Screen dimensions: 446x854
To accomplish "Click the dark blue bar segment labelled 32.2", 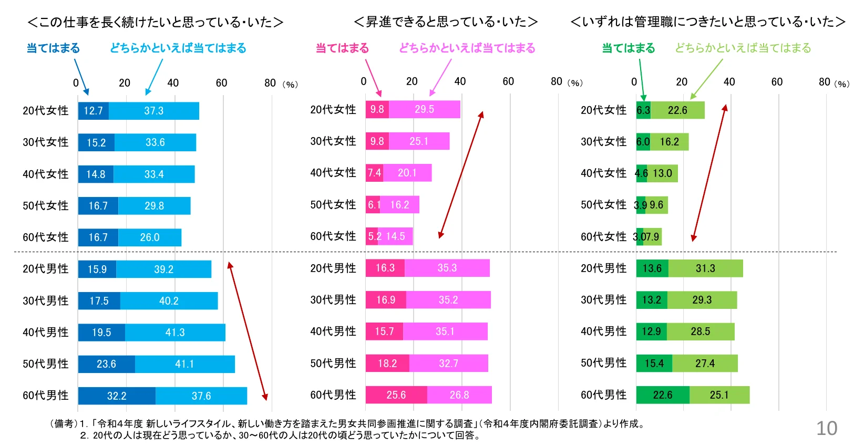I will click(x=117, y=396).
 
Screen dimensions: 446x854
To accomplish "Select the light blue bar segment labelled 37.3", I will click(x=154, y=111).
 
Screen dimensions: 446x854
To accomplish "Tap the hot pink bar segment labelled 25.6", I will click(x=396, y=395).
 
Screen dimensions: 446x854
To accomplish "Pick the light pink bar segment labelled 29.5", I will click(x=425, y=109).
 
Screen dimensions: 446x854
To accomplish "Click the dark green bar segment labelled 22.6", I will click(x=662, y=395).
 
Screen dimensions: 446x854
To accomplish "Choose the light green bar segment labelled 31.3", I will click(x=705, y=268).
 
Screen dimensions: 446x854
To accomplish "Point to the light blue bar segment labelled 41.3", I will click(x=175, y=333).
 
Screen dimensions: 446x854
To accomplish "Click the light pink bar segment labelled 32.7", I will click(x=448, y=363).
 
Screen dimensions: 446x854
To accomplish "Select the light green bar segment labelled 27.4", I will click(x=705, y=363).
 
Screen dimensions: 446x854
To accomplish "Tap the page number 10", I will click(x=826, y=429).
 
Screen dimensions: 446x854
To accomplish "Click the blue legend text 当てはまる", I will click(x=53, y=48).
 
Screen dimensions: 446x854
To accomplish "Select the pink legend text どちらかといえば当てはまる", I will click(x=467, y=48).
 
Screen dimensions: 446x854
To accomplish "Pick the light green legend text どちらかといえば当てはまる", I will click(x=743, y=48).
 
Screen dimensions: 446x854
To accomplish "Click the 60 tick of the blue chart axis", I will click(x=221, y=83).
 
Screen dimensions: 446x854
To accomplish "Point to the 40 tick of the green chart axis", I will click(x=729, y=82).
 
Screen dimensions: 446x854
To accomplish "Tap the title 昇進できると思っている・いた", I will click(x=446, y=22).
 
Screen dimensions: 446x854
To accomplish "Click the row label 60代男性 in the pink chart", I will click(x=333, y=395).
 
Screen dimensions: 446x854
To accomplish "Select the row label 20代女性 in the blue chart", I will click(x=46, y=110).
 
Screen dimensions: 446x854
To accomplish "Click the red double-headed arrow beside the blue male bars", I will click(x=247, y=331).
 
